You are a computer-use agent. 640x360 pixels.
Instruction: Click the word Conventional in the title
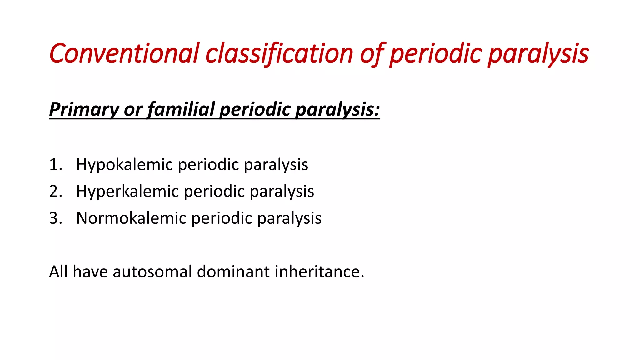coord(124,53)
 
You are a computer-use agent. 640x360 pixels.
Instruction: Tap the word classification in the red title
coord(279,53)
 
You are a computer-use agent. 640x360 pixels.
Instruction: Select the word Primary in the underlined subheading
coord(84,110)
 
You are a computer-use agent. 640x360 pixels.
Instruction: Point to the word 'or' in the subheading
coord(133,110)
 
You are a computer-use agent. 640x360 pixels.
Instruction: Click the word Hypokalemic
coord(124,165)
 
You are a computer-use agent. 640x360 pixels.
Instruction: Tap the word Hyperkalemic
coord(127,192)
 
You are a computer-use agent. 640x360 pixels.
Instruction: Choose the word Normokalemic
coord(131,218)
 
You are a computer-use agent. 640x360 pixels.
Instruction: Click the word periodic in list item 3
coord(222,218)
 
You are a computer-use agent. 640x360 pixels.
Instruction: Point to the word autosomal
coord(152,272)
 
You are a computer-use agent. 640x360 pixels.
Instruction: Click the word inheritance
coord(319,272)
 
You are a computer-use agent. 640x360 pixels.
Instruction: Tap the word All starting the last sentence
coord(58,272)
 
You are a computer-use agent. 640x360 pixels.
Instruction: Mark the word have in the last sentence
coord(90,272)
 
